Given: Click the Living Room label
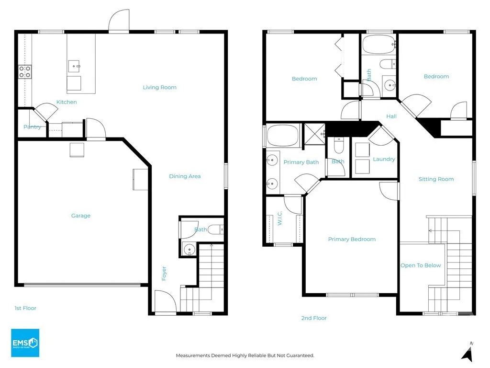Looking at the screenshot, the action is [x=160, y=87].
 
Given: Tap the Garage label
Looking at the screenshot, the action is [x=80, y=216].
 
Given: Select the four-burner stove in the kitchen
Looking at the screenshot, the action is [x=25, y=72].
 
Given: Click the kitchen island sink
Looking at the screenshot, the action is [x=74, y=66].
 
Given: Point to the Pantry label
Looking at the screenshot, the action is [x=32, y=126].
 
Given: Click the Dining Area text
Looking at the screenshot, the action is [x=185, y=176].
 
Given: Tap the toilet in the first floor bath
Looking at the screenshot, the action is [x=216, y=230].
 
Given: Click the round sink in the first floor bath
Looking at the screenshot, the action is [x=189, y=250].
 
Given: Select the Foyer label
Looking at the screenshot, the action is [x=164, y=274].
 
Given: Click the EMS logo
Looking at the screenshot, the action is [x=25, y=343].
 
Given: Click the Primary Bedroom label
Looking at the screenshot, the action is [x=352, y=239].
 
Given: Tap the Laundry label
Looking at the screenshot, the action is [x=384, y=159].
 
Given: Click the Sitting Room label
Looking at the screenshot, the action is [x=436, y=179].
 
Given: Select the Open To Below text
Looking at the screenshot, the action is [x=421, y=265].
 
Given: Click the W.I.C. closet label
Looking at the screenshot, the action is [x=279, y=218].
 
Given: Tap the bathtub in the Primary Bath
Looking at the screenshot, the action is [x=283, y=136].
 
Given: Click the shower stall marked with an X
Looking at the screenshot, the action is [x=315, y=134].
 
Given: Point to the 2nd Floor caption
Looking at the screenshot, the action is [x=314, y=318].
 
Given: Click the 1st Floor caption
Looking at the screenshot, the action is [x=25, y=308].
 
